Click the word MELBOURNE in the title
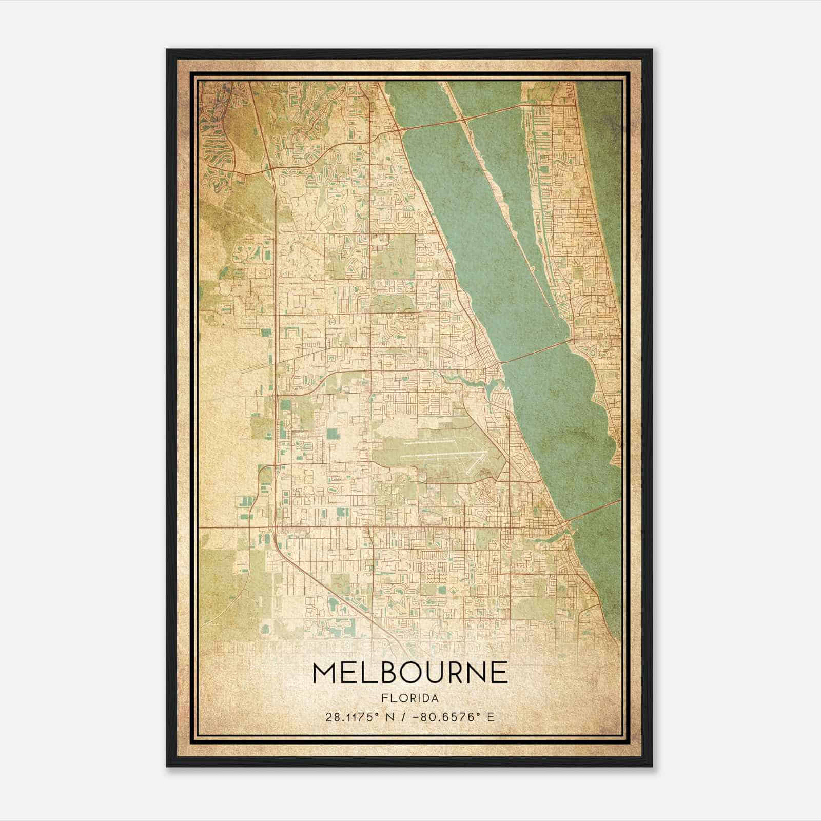[410, 673]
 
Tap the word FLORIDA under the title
[410, 698]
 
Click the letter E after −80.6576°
[491, 717]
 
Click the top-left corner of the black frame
[167, 50]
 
